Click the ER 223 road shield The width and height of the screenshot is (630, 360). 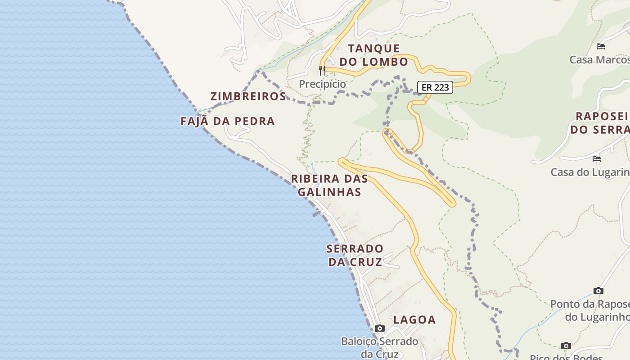click(x=435, y=87)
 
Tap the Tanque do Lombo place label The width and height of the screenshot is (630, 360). click(x=373, y=55)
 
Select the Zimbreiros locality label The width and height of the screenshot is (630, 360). click(x=248, y=96)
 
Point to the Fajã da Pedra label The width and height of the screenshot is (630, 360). click(x=228, y=121)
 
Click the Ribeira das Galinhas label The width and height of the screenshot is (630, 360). click(x=329, y=185)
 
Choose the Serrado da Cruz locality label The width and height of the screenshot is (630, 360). click(x=355, y=255)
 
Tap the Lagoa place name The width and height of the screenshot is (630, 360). click(x=414, y=320)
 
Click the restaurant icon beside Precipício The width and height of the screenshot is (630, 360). click(x=322, y=70)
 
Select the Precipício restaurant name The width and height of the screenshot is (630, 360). click(x=323, y=84)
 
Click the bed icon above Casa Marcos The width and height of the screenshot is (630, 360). click(x=601, y=46)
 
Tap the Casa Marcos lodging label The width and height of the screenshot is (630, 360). click(x=599, y=60)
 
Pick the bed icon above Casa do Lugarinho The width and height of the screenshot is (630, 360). click(x=597, y=158)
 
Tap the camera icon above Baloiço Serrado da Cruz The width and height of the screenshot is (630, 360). click(x=380, y=328)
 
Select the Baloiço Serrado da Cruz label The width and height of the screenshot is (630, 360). click(x=380, y=347)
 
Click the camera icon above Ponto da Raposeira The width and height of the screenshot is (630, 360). click(x=598, y=291)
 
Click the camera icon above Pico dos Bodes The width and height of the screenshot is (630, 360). click(x=566, y=346)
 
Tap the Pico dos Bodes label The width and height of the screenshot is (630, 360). click(x=566, y=357)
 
